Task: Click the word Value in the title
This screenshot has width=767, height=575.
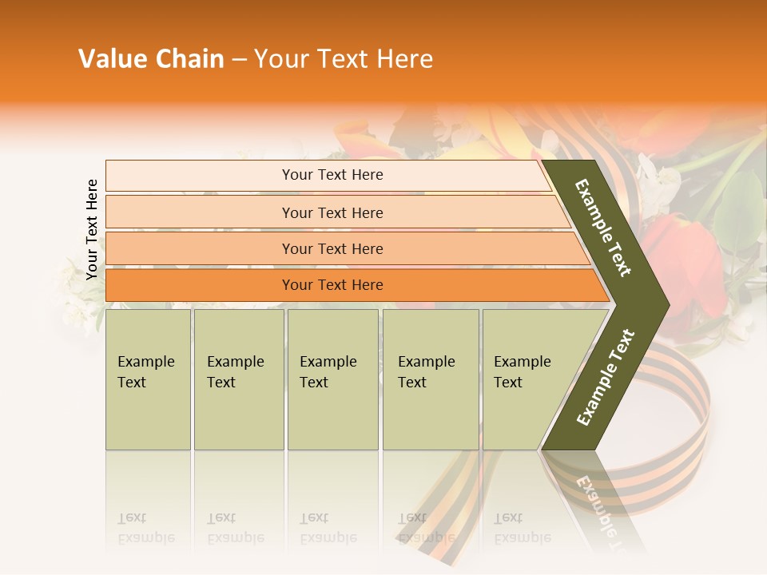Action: coord(113,59)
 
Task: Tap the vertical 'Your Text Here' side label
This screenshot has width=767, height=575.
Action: coord(92,230)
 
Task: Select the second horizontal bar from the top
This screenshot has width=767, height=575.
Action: coord(332,212)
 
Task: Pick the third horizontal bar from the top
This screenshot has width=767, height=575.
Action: coord(332,248)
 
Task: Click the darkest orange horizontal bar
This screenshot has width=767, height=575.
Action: coord(332,285)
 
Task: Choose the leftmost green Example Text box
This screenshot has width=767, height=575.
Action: coord(148,379)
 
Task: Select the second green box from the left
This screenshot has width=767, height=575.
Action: coord(239,379)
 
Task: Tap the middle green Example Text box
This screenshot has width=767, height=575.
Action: coord(332,379)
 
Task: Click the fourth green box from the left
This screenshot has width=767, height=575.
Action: coord(431,379)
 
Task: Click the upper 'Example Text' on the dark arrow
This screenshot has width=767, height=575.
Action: coord(604,228)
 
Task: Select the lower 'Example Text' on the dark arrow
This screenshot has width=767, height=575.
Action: coord(606,377)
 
